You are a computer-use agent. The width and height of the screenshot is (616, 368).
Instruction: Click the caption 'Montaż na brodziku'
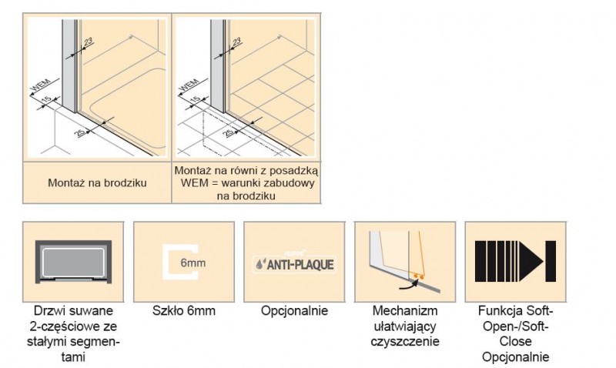click(x=98, y=182)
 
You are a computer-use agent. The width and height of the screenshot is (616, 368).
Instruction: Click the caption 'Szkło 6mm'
click(x=183, y=311)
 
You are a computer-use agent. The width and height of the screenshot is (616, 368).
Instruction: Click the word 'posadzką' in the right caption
click(x=293, y=169)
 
